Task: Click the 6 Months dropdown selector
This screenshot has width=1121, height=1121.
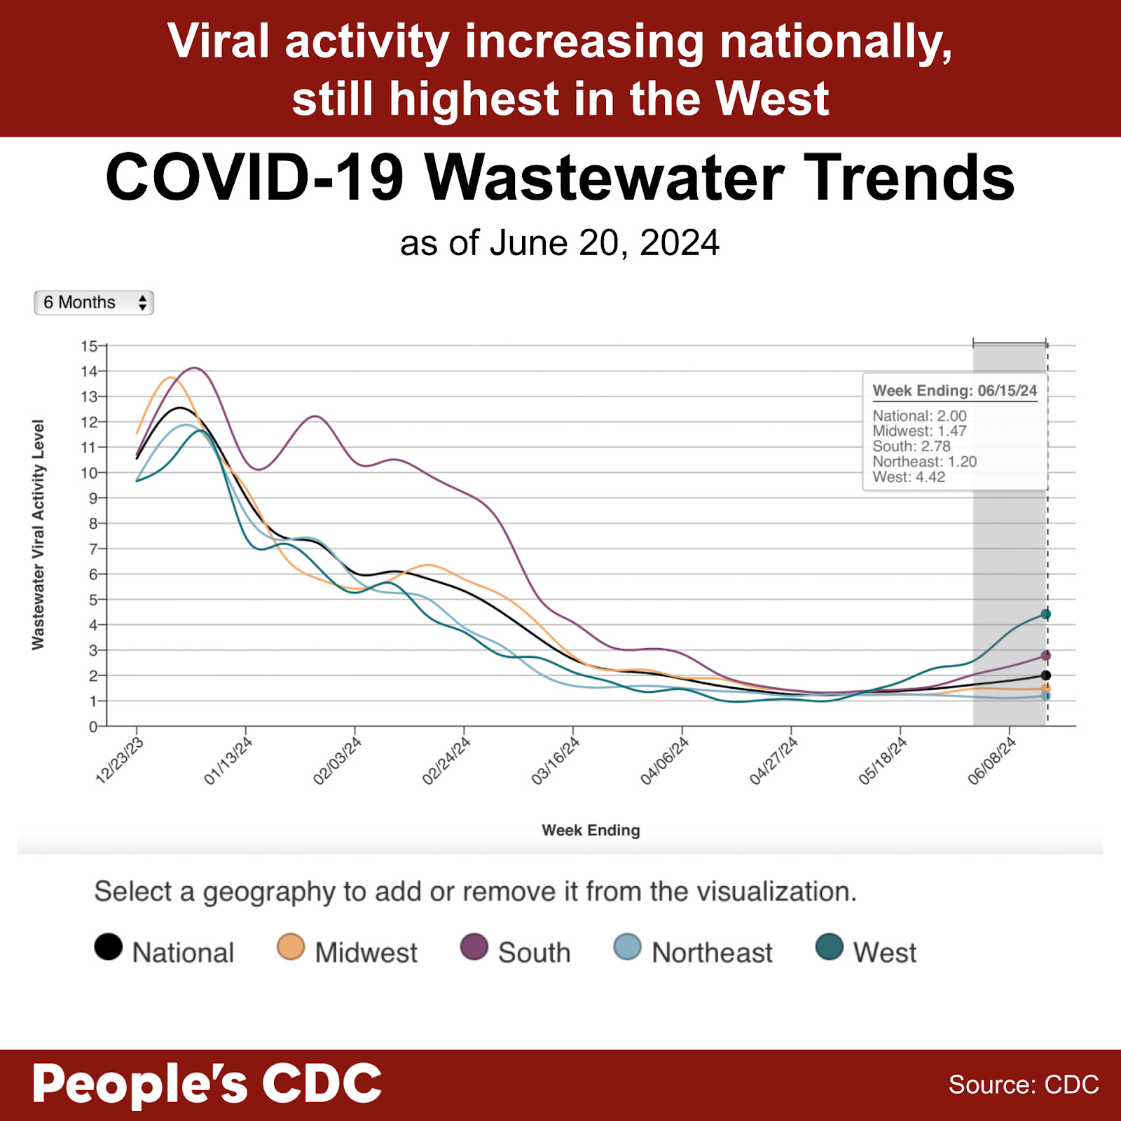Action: coord(94,303)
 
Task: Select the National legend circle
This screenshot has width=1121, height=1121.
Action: coord(109,947)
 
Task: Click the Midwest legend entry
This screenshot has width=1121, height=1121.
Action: coord(348,951)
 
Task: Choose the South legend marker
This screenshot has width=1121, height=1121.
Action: coord(474,947)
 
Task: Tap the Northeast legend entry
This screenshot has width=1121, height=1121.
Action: coord(694,951)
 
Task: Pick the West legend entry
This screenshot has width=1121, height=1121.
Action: coord(867,951)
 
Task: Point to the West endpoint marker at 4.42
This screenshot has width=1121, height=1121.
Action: coord(1046,614)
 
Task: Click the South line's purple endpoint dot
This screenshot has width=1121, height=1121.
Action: coord(1046,656)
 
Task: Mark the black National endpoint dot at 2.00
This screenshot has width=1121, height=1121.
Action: coord(1046,675)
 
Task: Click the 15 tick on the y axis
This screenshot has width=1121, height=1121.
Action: coord(89,346)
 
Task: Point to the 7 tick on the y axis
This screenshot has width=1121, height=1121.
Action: coord(92,549)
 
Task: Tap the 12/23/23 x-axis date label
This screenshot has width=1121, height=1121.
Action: coord(120,761)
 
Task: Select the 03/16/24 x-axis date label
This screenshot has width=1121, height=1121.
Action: coord(556,761)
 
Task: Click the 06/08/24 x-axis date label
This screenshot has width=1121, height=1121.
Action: coord(992,761)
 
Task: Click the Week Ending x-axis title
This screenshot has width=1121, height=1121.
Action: coord(591,830)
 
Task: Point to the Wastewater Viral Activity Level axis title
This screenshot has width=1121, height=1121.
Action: coord(38,535)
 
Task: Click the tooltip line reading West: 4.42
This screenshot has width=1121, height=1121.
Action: coord(909,477)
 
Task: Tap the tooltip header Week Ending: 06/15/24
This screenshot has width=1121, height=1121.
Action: coord(954,391)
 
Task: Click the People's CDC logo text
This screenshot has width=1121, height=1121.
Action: coord(207,1084)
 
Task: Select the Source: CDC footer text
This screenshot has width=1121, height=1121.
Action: coord(1023,1085)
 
